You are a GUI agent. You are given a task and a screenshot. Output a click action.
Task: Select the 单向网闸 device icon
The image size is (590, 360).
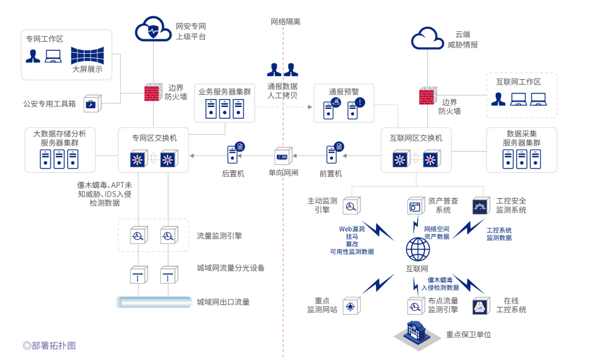(x=283, y=156)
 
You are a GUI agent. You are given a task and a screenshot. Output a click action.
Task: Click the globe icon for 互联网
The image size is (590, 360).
(x=417, y=249)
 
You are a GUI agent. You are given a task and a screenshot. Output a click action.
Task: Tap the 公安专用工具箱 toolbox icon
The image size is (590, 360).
(x=93, y=104)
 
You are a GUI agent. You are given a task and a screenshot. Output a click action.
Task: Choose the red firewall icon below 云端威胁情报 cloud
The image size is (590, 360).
(x=428, y=96)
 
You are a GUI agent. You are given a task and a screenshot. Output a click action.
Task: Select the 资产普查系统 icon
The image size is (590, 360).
(x=415, y=207)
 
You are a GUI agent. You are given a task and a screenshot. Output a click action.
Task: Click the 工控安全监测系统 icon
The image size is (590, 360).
(x=481, y=207)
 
